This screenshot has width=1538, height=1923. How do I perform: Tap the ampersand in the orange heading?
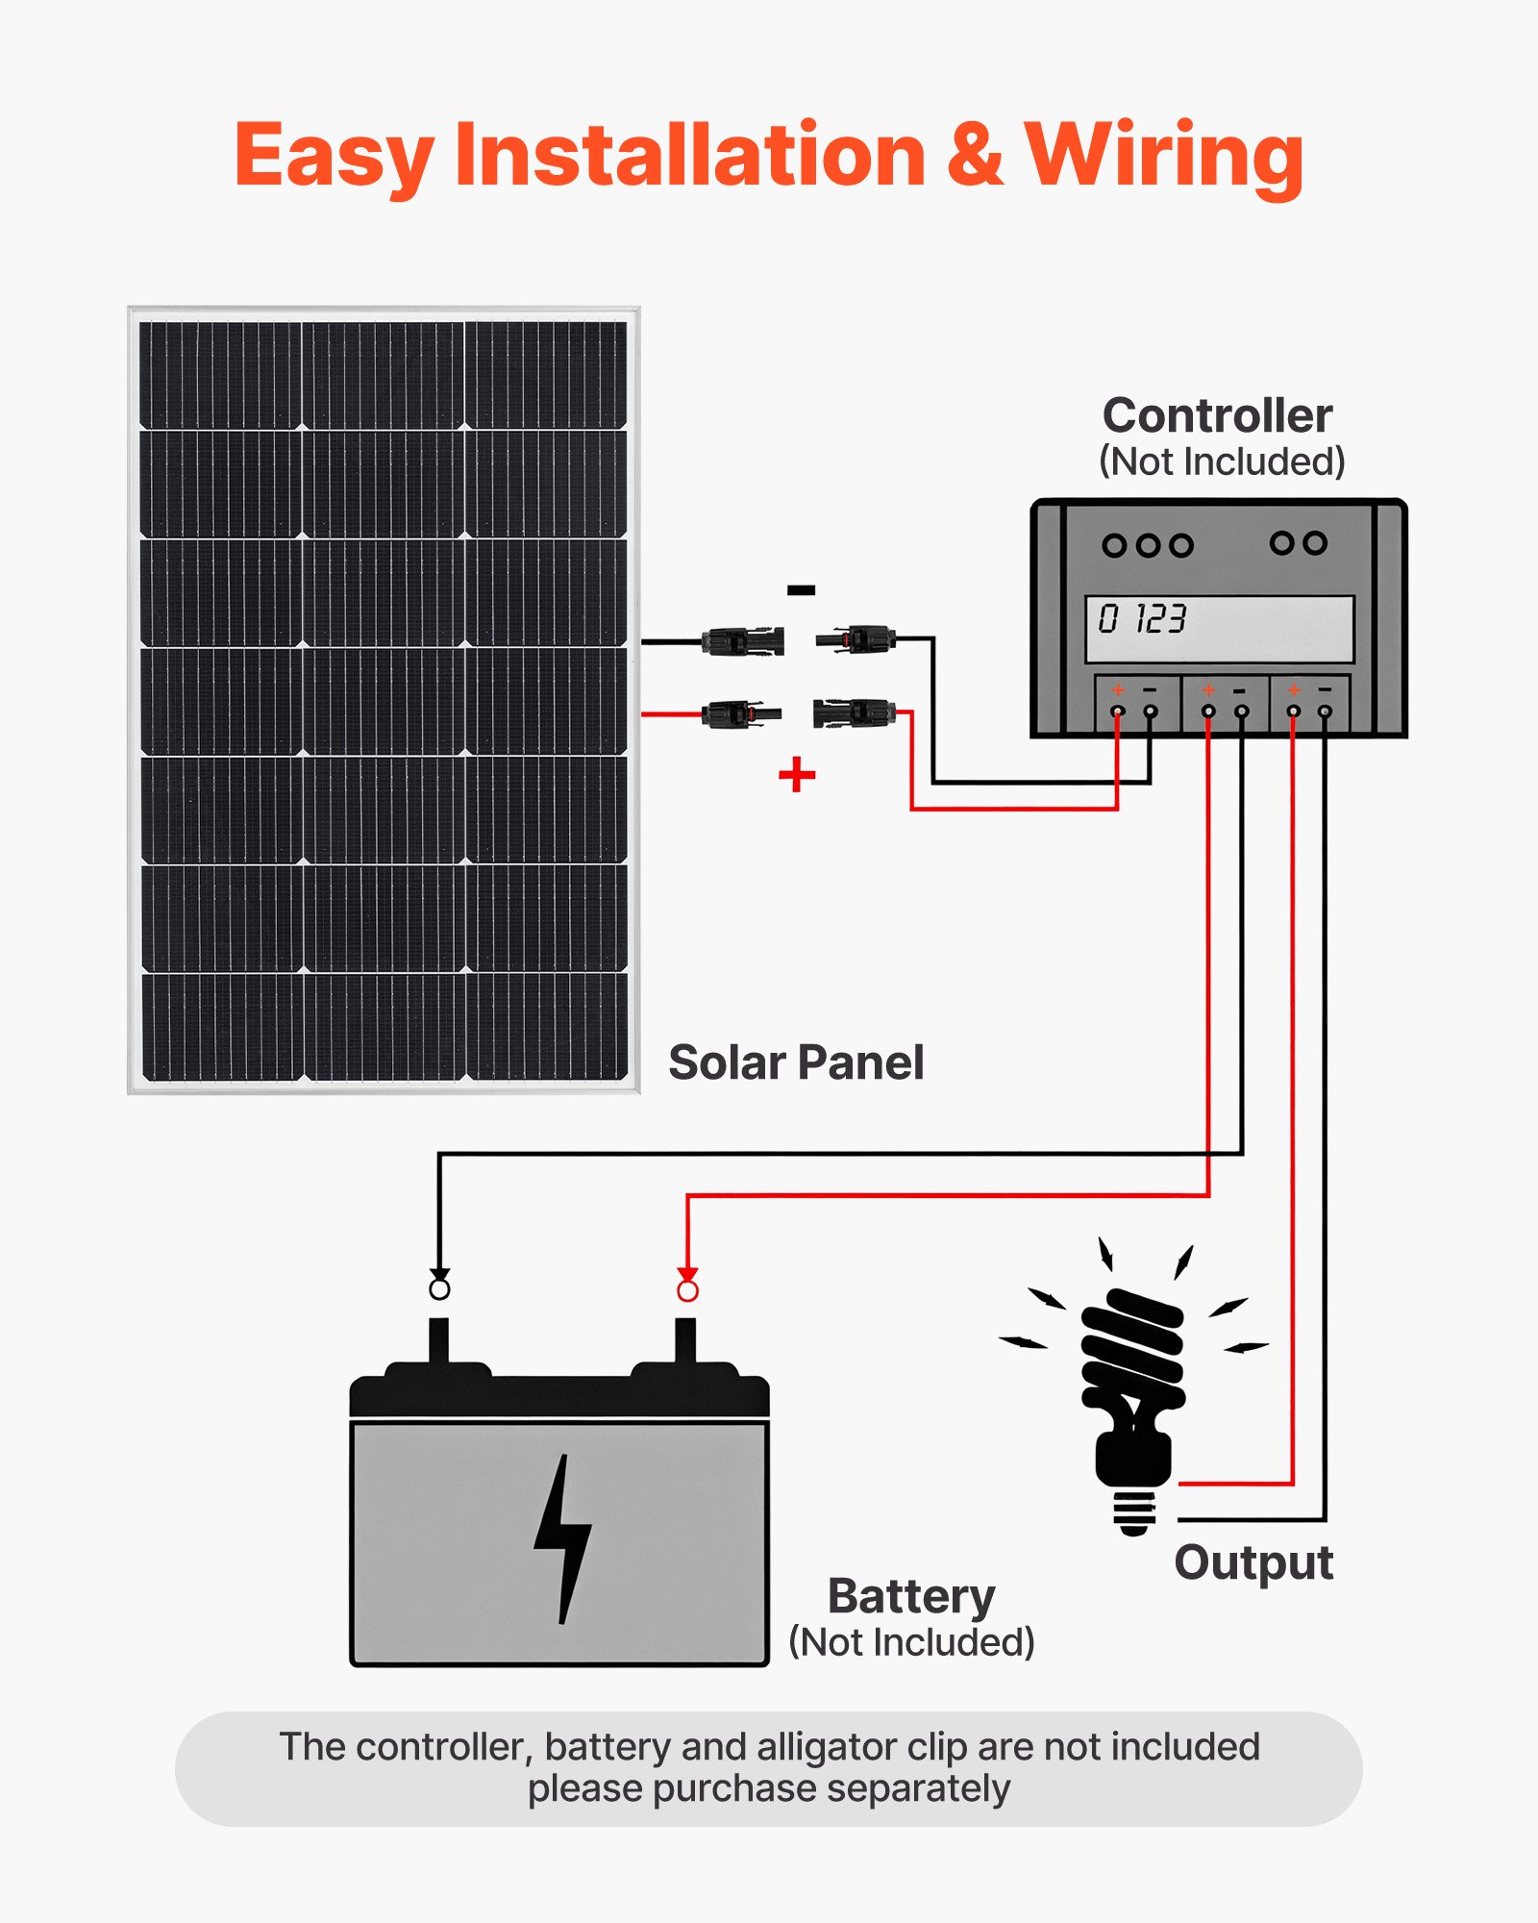click(974, 156)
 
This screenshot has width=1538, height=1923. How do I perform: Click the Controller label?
click(1217, 416)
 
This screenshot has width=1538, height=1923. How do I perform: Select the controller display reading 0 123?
click(1219, 629)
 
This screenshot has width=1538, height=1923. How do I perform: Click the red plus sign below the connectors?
click(797, 775)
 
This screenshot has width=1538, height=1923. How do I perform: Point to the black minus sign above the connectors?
click(801, 590)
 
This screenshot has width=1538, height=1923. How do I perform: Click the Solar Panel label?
click(796, 1063)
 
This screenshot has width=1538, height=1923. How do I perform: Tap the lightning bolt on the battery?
click(562, 1538)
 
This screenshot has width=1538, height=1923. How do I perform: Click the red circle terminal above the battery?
click(687, 1290)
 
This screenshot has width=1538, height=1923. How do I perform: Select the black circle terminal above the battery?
click(439, 1288)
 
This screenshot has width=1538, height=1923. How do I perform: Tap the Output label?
click(1253, 1562)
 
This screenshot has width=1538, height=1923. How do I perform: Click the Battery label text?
click(911, 1597)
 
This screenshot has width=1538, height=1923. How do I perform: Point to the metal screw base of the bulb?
click(1134, 1513)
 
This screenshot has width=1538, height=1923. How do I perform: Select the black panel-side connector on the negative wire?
click(742, 640)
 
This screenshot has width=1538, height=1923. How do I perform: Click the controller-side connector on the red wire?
click(854, 713)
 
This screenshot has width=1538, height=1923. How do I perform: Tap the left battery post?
click(438, 1341)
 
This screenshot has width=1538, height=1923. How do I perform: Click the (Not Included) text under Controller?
click(1221, 462)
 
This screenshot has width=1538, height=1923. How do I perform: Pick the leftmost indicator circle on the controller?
click(1114, 546)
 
